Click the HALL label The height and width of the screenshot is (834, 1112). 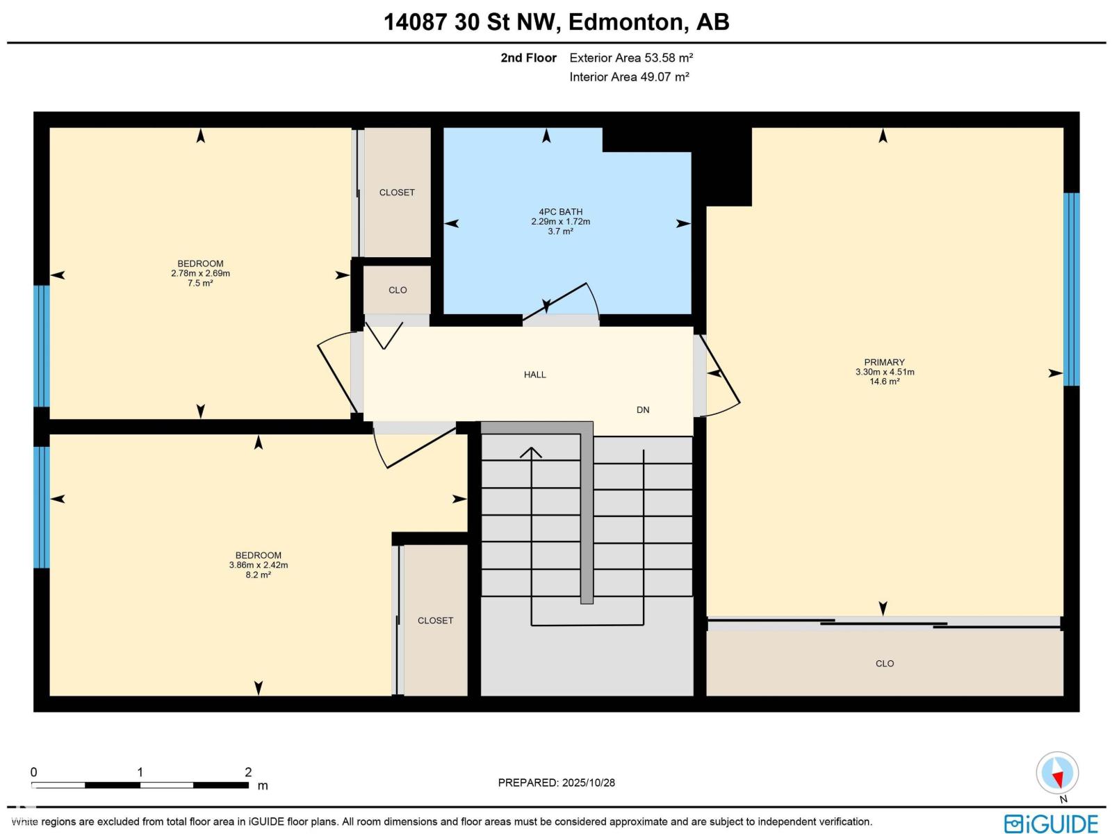534,375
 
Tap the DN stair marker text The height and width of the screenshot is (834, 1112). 643,410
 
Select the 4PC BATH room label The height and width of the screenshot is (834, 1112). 560,212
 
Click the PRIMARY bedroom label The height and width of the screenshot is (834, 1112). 884,362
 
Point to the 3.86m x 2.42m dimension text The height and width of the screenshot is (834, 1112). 259,565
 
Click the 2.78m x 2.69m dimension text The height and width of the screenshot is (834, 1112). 200,273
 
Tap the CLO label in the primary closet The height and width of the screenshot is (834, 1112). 884,664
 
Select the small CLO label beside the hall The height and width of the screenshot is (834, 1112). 398,291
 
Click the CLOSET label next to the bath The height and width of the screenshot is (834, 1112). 397,193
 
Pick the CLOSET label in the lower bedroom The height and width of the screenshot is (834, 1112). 435,621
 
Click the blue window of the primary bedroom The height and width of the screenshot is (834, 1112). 1071,288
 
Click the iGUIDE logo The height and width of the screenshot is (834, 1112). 1051,824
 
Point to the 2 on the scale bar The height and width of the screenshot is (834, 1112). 248,772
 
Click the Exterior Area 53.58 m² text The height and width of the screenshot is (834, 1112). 631,58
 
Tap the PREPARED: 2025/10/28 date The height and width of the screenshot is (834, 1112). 556,783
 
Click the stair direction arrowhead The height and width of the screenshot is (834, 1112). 531,452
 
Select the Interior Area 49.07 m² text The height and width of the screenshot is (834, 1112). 629,77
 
